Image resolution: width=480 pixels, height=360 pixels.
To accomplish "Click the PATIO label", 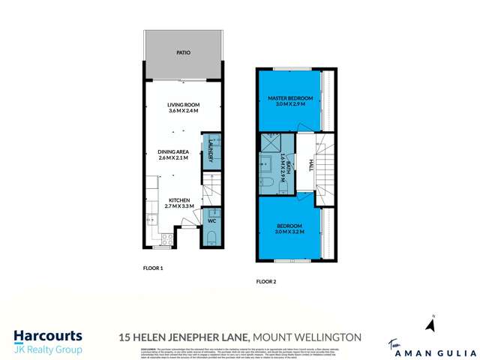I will pos(183,53).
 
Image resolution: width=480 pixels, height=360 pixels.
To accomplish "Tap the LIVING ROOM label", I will pos(183,105).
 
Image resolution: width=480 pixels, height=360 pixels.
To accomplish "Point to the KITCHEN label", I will pos(178,199).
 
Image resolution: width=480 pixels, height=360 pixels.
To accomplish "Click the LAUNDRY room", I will pos(211,151).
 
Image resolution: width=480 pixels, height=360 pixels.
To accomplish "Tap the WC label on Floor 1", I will pos(211,221).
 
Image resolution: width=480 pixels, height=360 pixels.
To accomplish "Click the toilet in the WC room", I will pos(211,238).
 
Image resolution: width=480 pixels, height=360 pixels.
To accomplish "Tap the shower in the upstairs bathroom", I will pos(269,142).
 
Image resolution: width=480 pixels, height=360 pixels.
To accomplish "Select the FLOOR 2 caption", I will pos(266,282).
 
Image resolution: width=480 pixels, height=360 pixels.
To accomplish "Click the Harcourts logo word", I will pos(48,336).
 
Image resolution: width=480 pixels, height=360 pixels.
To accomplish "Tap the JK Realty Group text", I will pos(48,349).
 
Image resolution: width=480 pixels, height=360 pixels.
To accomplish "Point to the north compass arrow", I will pos(430,325).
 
